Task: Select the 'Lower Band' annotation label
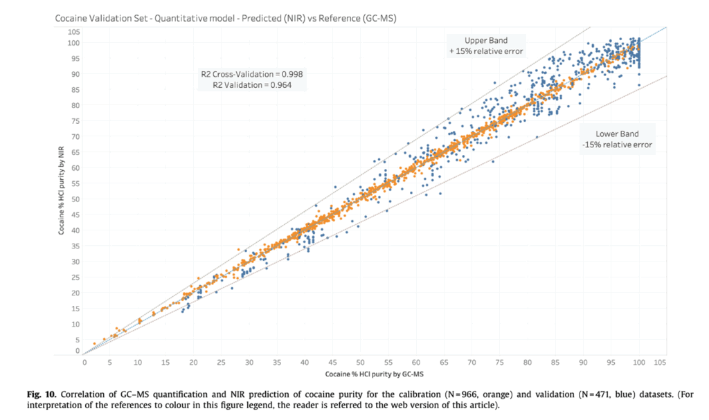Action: coord(617,134)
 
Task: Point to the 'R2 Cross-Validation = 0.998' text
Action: coord(252,74)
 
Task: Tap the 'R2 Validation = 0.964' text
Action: coord(252,85)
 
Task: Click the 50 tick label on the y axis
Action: coord(75,199)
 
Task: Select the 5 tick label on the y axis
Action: coord(77,339)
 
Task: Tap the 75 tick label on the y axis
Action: coord(75,120)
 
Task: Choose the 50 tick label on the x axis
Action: coord(361,363)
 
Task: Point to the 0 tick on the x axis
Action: coord(84,363)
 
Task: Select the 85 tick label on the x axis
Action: coord(555,363)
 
